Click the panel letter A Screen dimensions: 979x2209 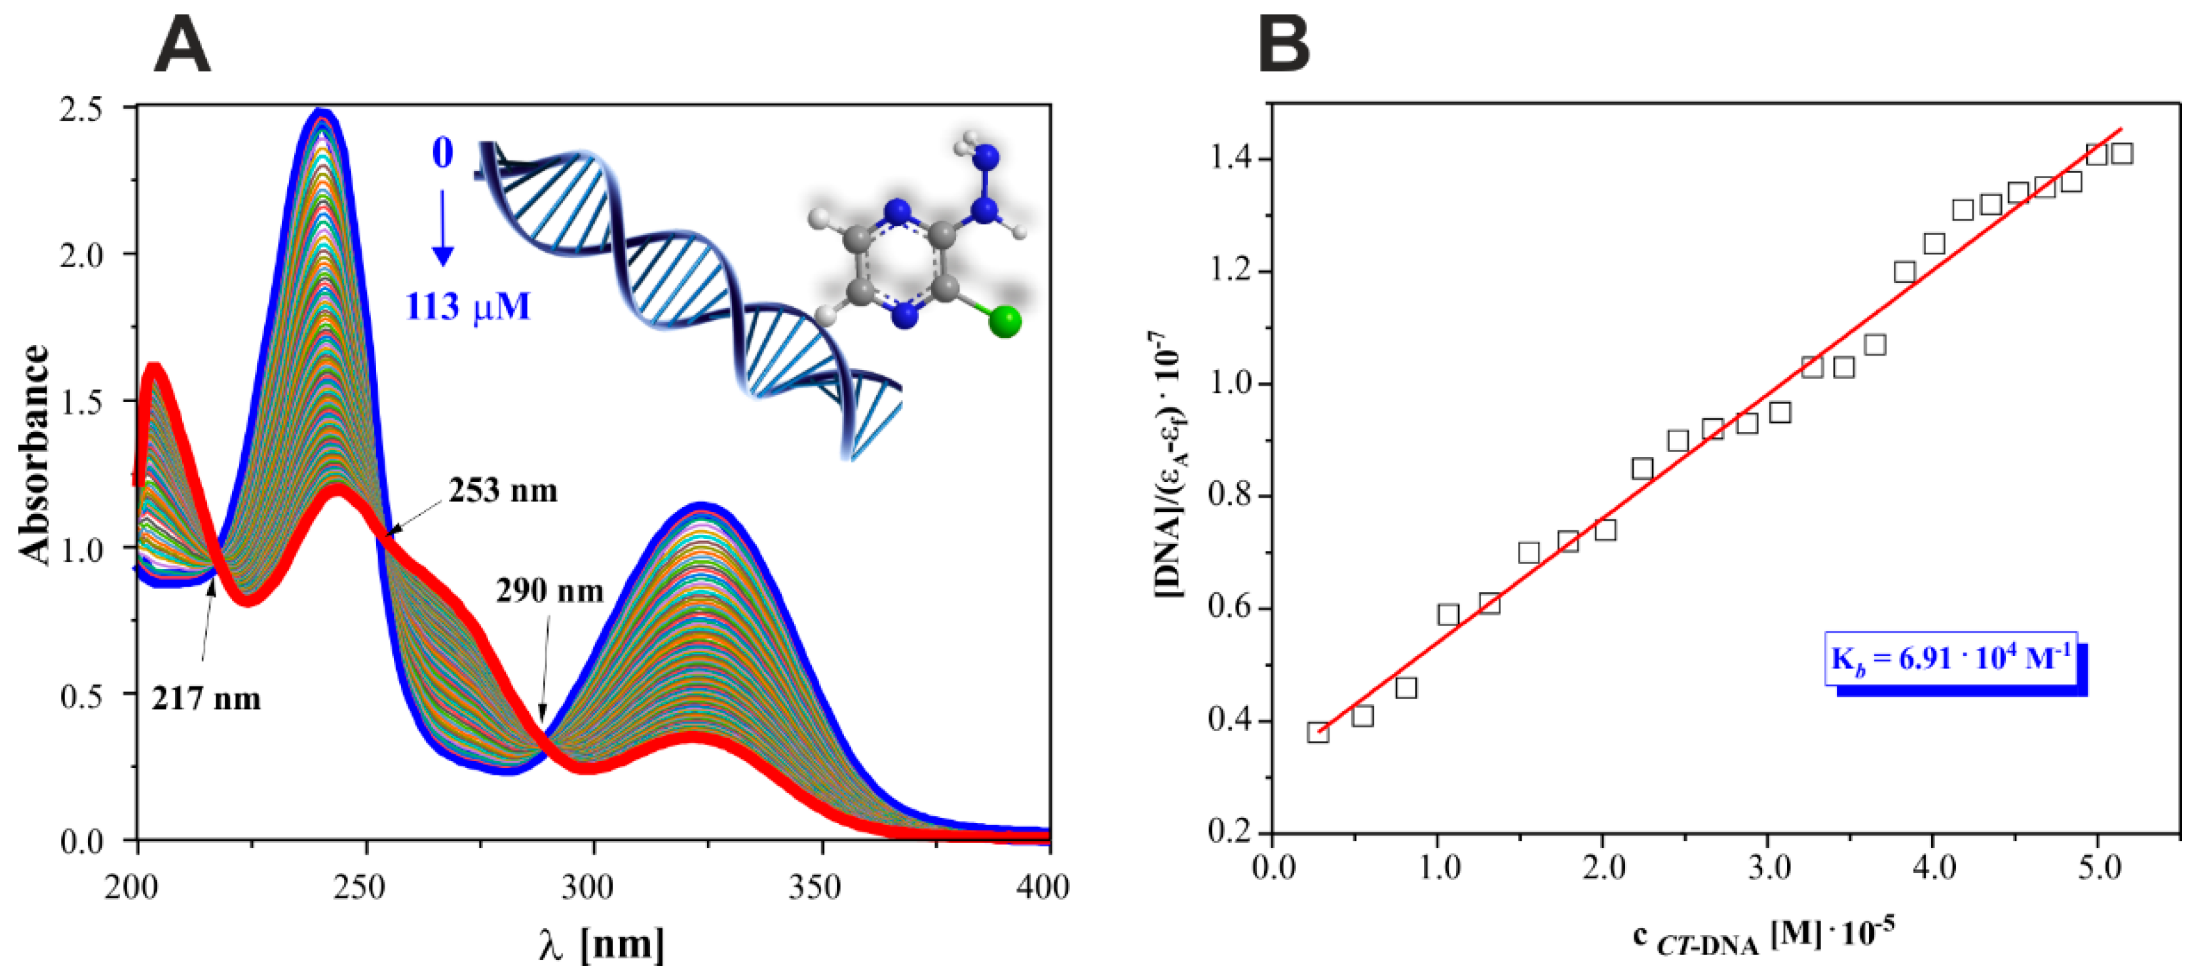click(182, 47)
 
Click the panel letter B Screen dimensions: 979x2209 click(1284, 47)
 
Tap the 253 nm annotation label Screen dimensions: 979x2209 click(503, 490)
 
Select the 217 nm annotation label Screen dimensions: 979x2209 click(206, 699)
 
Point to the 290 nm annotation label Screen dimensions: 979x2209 click(550, 591)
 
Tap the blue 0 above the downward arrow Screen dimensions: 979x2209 click(442, 153)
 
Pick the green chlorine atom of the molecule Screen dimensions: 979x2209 click(1003, 322)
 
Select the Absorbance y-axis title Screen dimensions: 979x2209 click(35, 454)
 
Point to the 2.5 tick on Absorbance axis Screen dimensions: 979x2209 click(92, 109)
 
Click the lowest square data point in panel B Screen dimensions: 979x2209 click(1318, 732)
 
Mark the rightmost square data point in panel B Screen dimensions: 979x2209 click(2123, 153)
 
